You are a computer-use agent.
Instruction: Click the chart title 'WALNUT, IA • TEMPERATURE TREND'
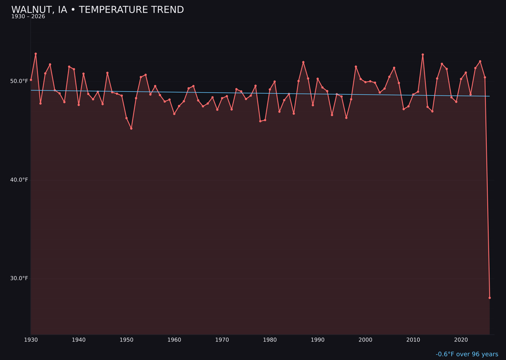[x=97, y=10]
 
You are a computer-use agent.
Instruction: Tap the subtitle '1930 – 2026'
[x=28, y=17]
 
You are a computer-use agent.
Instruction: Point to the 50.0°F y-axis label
[x=19, y=81]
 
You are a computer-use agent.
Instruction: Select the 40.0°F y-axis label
[x=19, y=180]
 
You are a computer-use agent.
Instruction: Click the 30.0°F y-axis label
[x=19, y=278]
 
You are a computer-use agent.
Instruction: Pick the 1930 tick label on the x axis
[x=31, y=340]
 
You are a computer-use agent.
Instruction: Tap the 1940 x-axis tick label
[x=79, y=340]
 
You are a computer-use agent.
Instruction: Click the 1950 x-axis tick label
[x=126, y=340]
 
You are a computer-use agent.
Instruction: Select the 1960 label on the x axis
[x=174, y=340]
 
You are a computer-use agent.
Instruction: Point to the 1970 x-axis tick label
[x=222, y=340]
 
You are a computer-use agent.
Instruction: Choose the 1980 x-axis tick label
[x=270, y=340]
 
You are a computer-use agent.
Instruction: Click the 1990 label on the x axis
[x=318, y=340]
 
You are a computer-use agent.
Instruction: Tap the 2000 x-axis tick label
[x=365, y=340]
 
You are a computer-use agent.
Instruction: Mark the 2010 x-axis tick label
[x=413, y=340]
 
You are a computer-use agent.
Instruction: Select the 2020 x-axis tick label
[x=461, y=340]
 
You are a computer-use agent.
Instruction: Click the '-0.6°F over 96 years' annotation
[x=467, y=354]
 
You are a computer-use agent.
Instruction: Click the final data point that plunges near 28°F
[x=490, y=298]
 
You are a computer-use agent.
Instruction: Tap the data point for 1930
[x=31, y=80]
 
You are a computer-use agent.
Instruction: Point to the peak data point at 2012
[x=423, y=55]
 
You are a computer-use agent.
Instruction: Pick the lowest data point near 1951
[x=131, y=128]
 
